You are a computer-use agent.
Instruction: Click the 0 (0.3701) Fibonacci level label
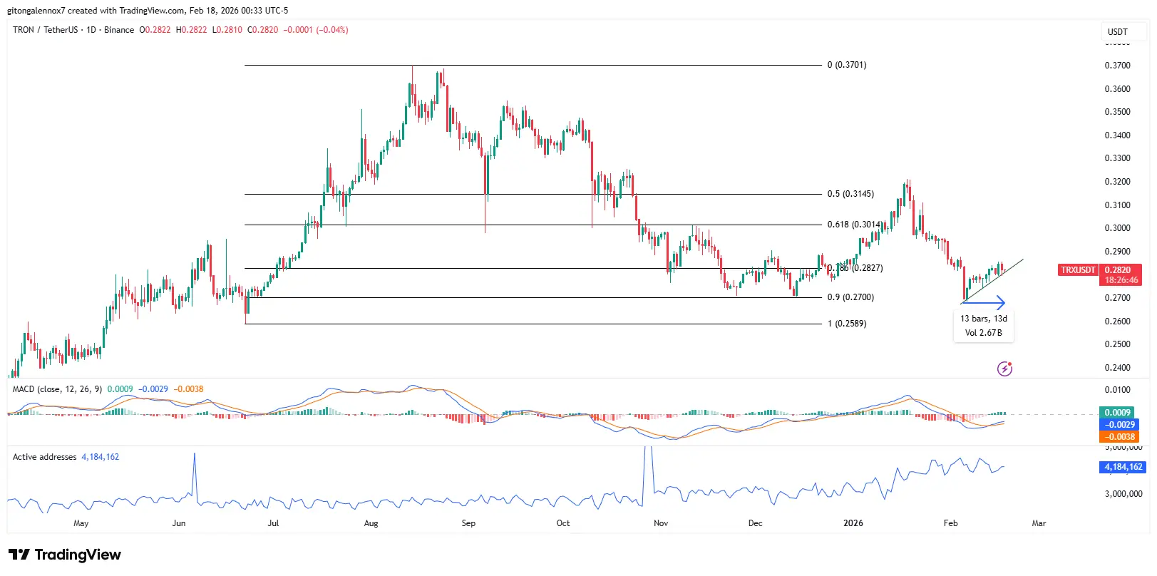[x=847, y=65]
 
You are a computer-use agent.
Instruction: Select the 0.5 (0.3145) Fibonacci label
[x=850, y=194]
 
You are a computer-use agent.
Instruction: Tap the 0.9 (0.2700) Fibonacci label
[x=850, y=297]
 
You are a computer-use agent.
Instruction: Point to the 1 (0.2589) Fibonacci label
[x=847, y=324]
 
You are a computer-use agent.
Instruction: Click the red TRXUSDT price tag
[x=1078, y=270]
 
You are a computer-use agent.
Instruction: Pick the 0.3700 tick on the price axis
[x=1117, y=66]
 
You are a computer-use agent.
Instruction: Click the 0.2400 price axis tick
[x=1117, y=368]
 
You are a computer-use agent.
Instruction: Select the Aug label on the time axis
[x=371, y=523]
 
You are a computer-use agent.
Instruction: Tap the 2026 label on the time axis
[x=853, y=523]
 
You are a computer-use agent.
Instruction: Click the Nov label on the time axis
[x=661, y=523]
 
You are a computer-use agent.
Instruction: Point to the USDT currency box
[x=1117, y=32]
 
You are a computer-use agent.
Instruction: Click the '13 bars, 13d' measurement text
[x=983, y=319]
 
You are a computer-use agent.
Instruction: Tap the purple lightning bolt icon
[x=1004, y=369]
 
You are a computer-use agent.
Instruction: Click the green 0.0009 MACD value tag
[x=1118, y=413]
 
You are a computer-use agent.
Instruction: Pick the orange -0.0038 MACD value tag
[x=1120, y=437]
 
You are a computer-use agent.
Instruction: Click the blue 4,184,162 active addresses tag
[x=1123, y=467]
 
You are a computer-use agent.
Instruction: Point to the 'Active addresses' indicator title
[x=44, y=457]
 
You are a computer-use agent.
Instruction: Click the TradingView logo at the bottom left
[x=65, y=555]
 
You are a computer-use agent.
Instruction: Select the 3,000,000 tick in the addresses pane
[x=1123, y=493]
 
